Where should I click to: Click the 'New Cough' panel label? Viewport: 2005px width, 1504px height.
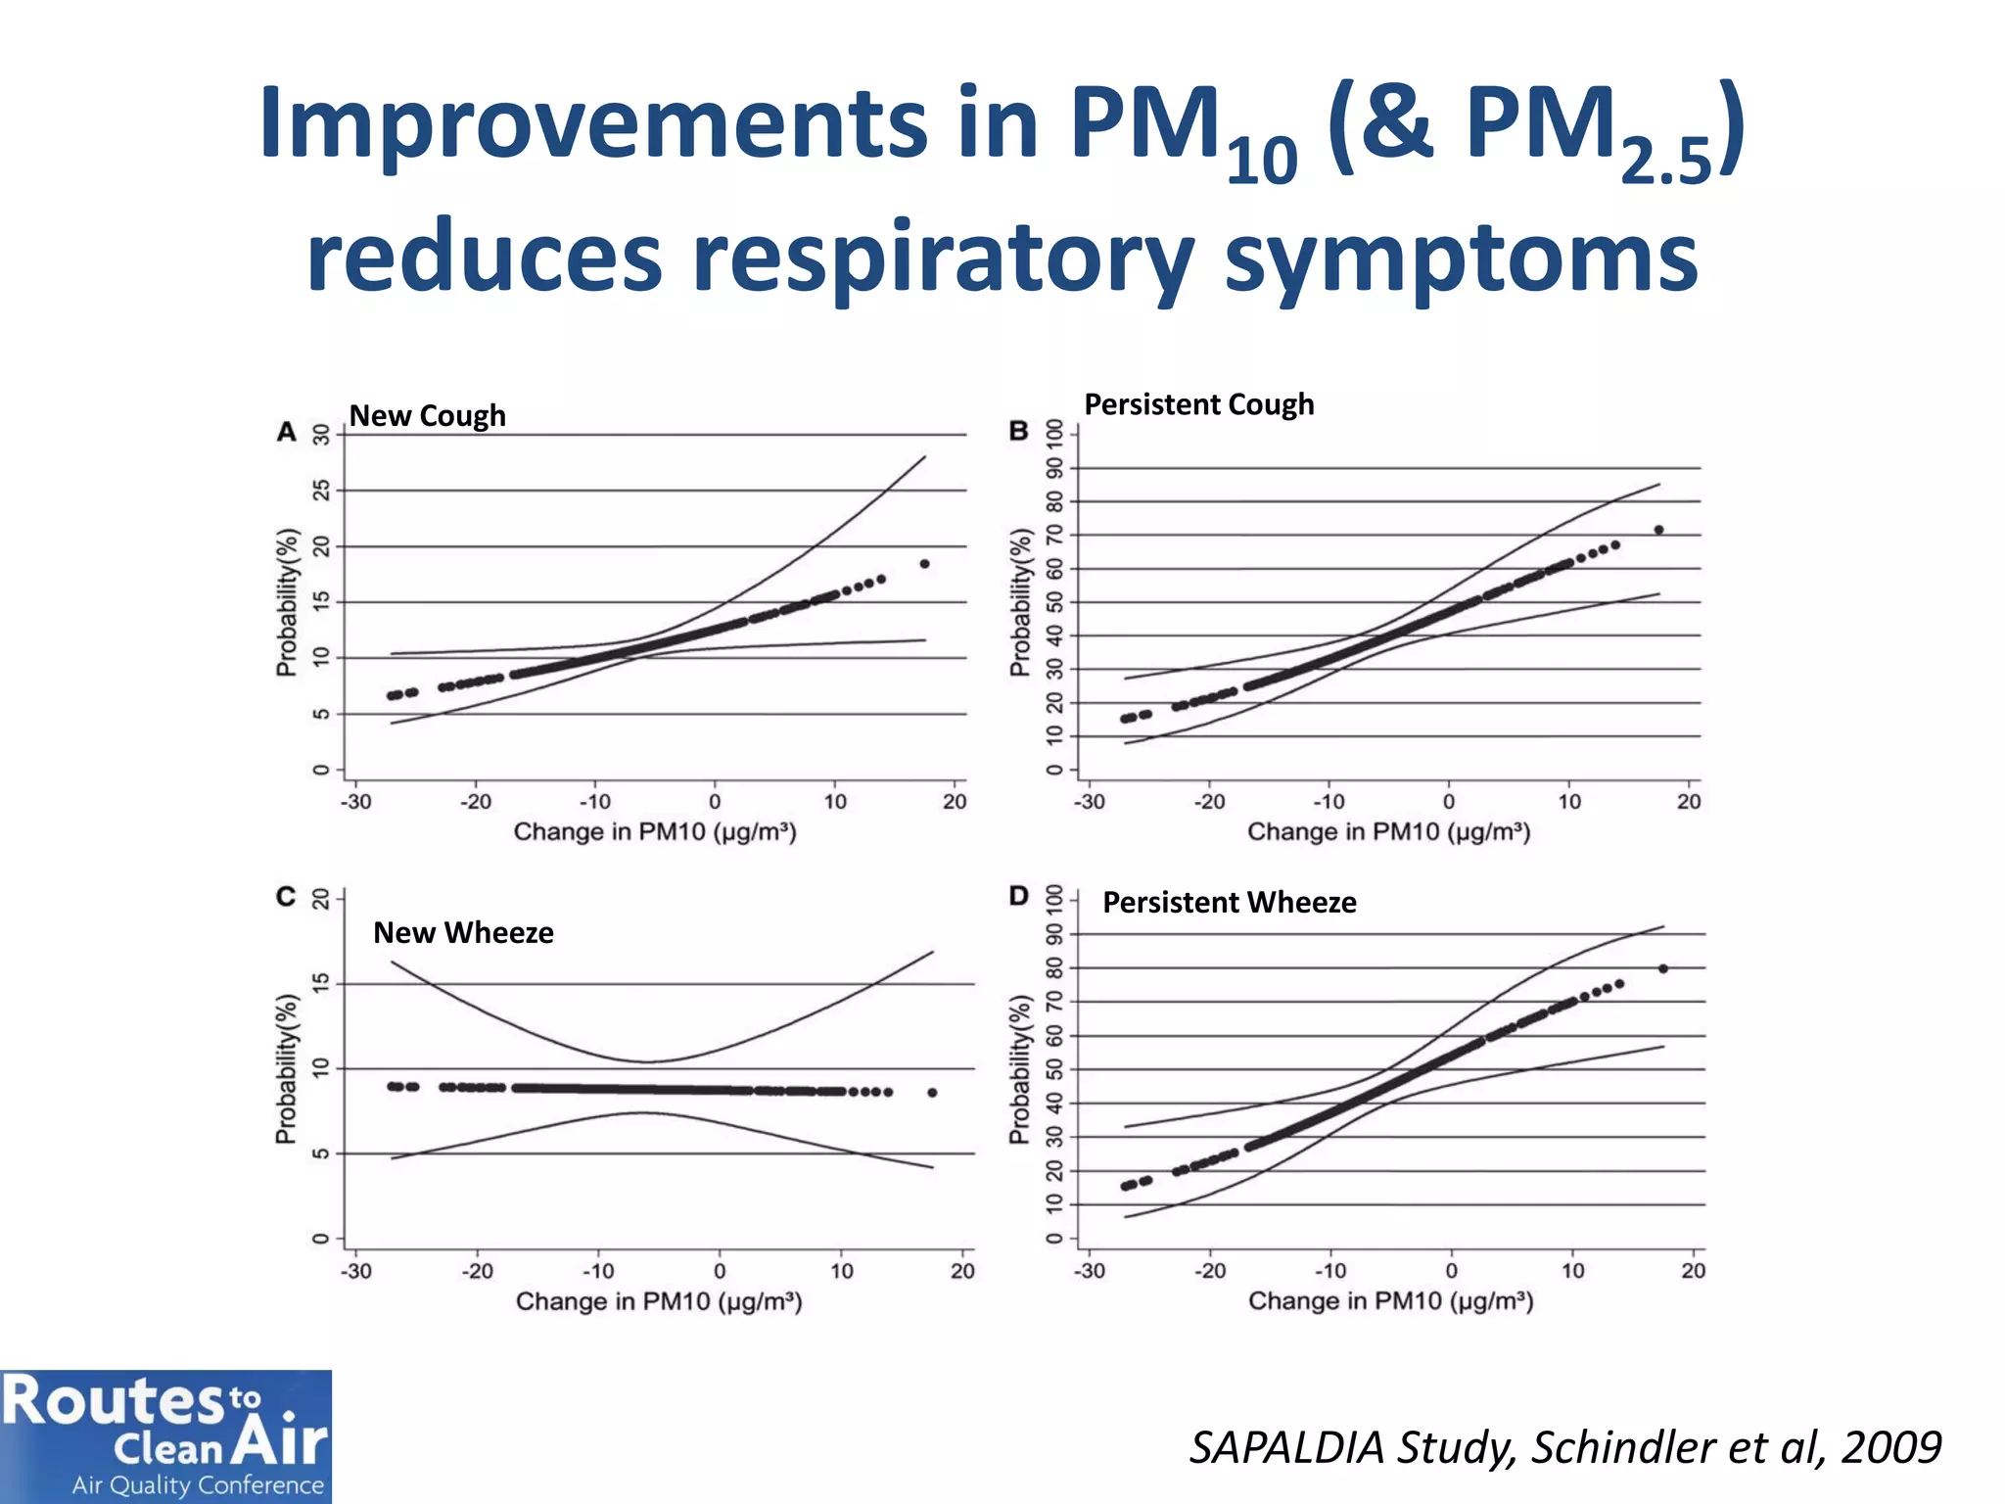(x=427, y=416)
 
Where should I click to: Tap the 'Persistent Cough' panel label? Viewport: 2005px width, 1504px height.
(x=1198, y=404)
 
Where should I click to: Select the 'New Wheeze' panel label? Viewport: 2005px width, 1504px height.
(x=463, y=932)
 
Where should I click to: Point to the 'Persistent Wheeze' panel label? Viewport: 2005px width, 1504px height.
(x=1229, y=902)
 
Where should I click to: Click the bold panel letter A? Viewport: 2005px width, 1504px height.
(x=286, y=432)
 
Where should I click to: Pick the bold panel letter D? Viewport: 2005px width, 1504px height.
(x=1019, y=896)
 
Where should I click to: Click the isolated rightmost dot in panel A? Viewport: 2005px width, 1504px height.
(x=924, y=564)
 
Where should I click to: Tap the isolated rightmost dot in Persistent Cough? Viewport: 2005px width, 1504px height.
(x=1658, y=530)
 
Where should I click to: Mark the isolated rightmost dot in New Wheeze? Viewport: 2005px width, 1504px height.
(x=932, y=1093)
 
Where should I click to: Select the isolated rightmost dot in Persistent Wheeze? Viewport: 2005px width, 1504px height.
(x=1663, y=968)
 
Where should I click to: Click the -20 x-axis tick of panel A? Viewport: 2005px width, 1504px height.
(x=476, y=802)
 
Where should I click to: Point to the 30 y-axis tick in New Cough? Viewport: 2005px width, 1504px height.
(x=321, y=435)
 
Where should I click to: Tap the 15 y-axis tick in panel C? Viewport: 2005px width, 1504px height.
(x=321, y=984)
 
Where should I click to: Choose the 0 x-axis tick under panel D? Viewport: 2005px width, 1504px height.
(x=1451, y=1271)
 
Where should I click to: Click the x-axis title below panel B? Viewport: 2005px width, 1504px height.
(x=1388, y=832)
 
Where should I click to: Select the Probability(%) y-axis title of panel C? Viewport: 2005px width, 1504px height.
(x=285, y=1069)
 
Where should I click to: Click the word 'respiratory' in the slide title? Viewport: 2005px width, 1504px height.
(x=943, y=257)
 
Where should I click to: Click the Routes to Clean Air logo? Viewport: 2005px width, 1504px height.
(x=165, y=1435)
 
